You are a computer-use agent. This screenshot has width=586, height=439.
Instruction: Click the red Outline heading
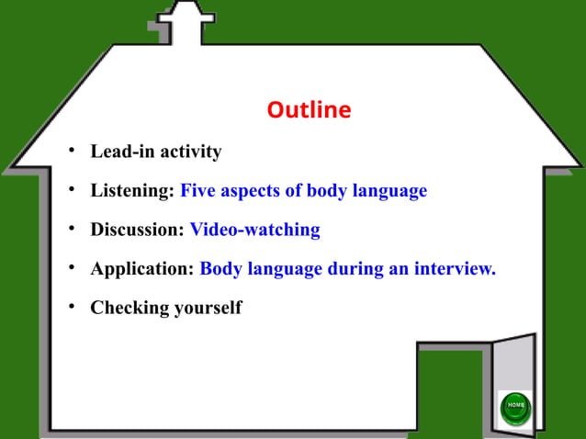[309, 110]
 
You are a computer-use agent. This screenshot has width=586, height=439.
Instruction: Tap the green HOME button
[514, 406]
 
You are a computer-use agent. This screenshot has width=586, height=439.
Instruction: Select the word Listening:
[132, 191]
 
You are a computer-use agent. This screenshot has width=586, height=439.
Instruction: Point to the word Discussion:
[138, 230]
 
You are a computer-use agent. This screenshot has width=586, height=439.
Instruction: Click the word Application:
[142, 269]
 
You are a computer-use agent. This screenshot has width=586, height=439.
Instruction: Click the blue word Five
[198, 191]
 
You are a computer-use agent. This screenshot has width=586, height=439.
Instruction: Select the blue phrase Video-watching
[255, 230]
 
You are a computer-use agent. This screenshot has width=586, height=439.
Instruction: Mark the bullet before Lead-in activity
[69, 152]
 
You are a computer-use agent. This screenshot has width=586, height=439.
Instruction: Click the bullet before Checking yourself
[69, 308]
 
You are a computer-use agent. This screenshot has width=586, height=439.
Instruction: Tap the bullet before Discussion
[69, 230]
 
